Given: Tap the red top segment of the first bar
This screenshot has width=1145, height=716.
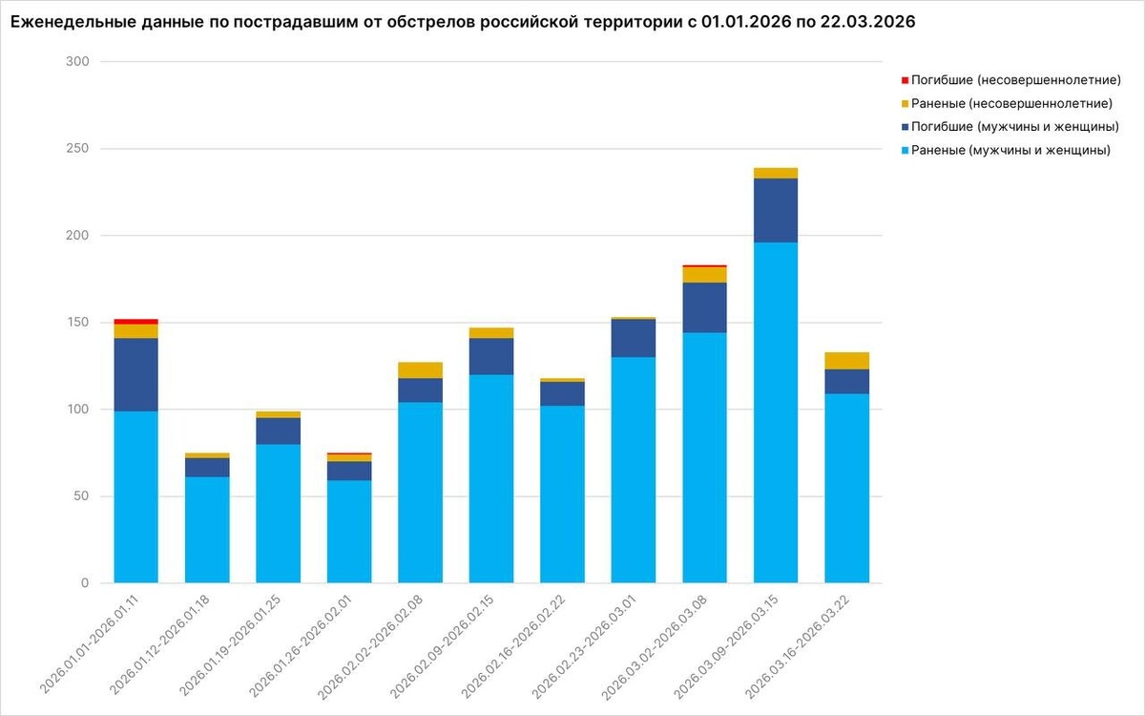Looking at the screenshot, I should coord(135,322).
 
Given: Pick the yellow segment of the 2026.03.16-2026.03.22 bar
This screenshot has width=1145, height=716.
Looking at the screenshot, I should coord(846,361).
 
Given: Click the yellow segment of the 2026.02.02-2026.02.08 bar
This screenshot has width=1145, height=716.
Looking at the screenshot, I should coord(420,370).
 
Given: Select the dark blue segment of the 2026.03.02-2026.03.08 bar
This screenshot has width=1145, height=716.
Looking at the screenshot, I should coord(704,307).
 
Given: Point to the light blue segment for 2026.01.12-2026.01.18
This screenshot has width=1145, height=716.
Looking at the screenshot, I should coord(207,530).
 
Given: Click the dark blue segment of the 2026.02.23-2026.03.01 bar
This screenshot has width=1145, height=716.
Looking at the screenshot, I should coord(634,338).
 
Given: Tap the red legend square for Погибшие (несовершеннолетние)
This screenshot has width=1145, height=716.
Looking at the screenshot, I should coord(904,80).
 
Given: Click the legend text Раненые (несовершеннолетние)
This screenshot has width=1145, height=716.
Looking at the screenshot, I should coord(1011,103).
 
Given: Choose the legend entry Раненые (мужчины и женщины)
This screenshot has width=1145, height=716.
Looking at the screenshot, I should coord(1010,150).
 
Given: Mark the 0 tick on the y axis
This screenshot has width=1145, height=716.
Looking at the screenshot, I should coord(85,583).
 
